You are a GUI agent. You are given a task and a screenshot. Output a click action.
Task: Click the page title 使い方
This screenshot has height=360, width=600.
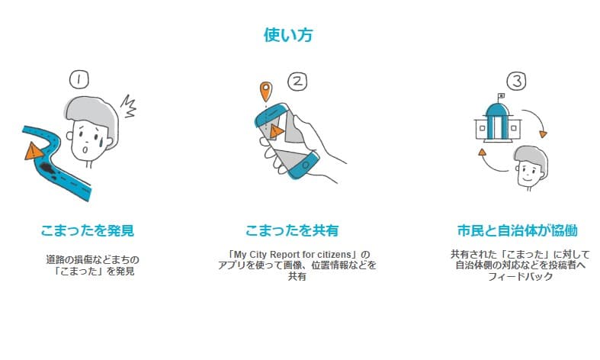click(288, 35)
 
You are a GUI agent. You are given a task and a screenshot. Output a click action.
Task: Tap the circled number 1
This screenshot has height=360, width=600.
click(78, 79)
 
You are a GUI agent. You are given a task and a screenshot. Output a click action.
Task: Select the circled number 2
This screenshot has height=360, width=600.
click(298, 81)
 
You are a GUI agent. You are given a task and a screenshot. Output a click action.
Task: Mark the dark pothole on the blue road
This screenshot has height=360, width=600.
click(50, 166)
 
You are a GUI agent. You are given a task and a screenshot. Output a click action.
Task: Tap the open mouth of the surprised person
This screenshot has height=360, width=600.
click(86, 150)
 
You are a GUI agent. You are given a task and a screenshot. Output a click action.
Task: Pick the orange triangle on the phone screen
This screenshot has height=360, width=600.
click(276, 132)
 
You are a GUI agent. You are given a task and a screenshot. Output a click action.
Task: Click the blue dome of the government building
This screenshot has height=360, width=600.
click(498, 108)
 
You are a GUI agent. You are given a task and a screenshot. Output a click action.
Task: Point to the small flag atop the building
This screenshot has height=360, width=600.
click(500, 95)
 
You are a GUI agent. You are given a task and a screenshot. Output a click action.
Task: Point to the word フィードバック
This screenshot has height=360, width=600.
click(515, 277)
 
